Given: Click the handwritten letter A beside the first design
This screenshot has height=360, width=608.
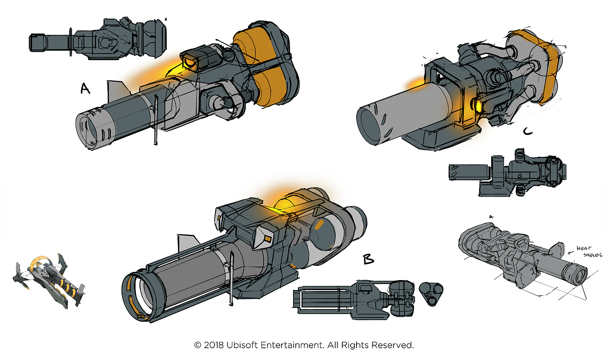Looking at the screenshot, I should coord(85,89).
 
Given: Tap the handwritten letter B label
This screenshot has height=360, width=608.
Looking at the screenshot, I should coord(368,259).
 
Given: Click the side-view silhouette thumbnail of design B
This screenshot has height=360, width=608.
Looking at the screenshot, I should coord(354,297).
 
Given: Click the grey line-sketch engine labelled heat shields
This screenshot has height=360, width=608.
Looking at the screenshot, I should coord(521,256).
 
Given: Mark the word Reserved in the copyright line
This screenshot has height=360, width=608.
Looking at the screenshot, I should coord(394,346).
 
